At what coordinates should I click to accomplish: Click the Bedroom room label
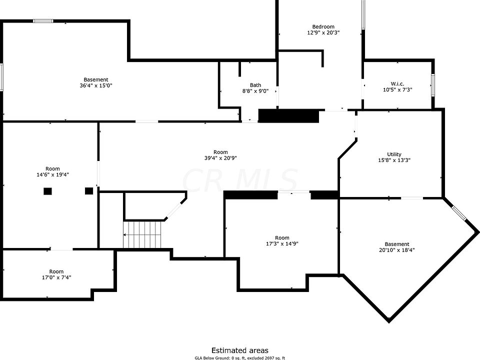click(x=323, y=27)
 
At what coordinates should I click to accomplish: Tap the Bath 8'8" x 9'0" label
click(x=255, y=85)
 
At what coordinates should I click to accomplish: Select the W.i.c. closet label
click(x=397, y=83)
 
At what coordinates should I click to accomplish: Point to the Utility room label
click(x=394, y=154)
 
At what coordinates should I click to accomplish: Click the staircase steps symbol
click(x=143, y=234)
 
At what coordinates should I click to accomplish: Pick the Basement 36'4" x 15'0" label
click(x=95, y=79)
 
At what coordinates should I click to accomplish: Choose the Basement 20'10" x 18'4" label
click(x=397, y=244)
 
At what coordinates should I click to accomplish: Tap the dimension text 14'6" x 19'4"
click(x=52, y=174)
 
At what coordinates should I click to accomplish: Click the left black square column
click(x=48, y=190)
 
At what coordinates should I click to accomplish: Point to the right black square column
click(x=89, y=190)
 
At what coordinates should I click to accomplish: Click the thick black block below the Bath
click(x=288, y=116)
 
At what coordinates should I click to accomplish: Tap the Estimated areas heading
click(x=239, y=350)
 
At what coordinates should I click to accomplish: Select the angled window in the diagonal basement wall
click(x=459, y=212)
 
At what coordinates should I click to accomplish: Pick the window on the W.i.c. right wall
click(x=433, y=84)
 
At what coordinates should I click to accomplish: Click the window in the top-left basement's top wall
click(x=43, y=21)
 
